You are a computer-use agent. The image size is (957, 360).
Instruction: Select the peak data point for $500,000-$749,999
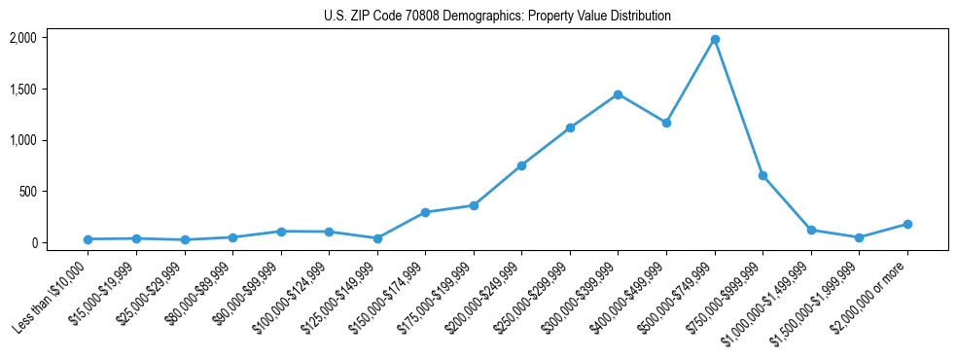(715, 40)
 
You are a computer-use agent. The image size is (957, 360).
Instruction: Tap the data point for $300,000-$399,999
(619, 94)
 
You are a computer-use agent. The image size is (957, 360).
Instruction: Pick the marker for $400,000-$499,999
(666, 123)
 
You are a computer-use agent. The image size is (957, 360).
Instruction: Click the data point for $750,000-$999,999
(763, 175)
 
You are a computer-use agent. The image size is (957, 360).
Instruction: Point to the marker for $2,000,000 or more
(907, 224)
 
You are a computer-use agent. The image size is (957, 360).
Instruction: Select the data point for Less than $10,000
(89, 239)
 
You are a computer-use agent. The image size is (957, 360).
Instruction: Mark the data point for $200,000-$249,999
(522, 165)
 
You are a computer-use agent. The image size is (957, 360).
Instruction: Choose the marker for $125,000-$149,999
(377, 238)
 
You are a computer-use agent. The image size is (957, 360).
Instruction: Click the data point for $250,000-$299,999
(570, 127)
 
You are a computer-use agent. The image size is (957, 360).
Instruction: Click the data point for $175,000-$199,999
(474, 205)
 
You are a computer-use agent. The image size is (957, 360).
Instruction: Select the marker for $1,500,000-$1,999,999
(859, 237)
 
